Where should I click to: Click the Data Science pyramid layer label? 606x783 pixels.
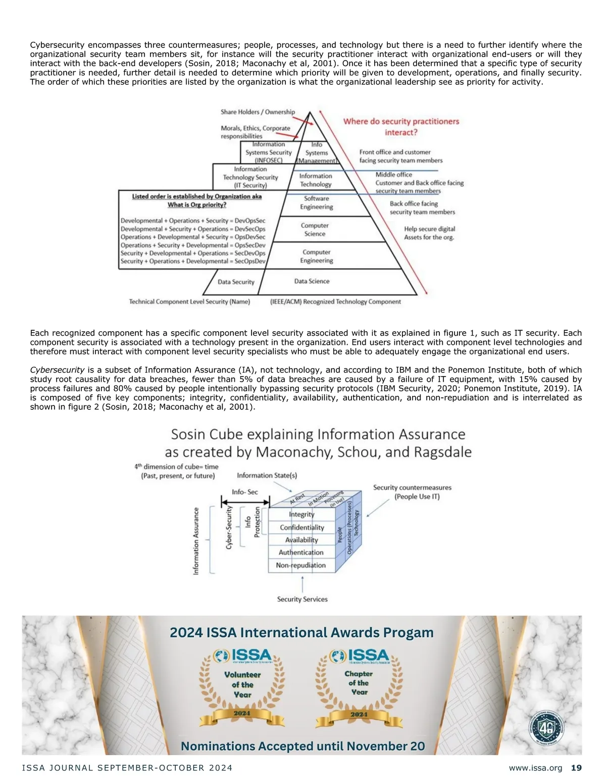[312, 281]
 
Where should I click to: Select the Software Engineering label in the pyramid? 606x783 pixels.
[316, 202]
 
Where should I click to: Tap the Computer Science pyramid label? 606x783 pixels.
[315, 230]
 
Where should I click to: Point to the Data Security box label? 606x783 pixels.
[236, 282]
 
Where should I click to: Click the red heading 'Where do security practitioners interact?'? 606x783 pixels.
[401, 127]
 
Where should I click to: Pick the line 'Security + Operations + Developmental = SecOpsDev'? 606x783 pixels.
[193, 262]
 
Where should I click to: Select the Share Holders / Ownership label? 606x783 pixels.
[258, 112]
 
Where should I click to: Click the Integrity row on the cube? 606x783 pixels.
[301, 514]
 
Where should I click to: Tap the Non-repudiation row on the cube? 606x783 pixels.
[300, 565]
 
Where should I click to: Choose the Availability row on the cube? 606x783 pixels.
[301, 540]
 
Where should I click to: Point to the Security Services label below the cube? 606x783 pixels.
[302, 599]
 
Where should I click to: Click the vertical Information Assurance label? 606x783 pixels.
[196, 540]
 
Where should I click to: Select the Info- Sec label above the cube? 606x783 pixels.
[245, 492]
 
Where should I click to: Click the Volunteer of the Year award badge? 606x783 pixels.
[242, 687]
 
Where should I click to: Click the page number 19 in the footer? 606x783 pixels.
[576, 768]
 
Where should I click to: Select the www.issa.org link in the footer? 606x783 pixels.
[535, 768]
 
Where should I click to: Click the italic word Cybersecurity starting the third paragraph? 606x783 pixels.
[57, 370]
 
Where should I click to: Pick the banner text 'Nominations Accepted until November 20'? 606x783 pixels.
[302, 746]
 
